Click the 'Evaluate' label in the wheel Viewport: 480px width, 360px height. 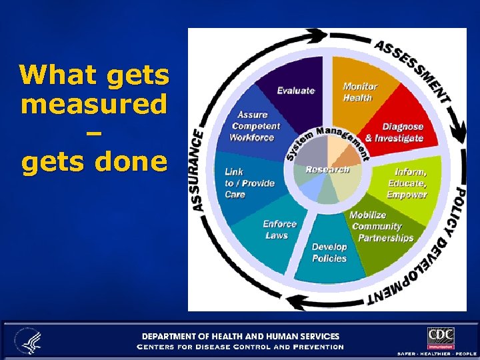(x=295, y=91)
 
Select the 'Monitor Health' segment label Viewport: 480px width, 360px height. (x=360, y=92)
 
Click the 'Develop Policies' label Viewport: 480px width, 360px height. (x=329, y=252)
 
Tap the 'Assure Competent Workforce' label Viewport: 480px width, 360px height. (x=254, y=126)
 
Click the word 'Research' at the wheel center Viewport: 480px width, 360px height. (x=327, y=169)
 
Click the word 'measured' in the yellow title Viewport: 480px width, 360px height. (x=94, y=105)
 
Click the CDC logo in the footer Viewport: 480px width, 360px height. (x=441, y=337)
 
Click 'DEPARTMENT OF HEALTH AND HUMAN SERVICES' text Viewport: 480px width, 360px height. (x=239, y=337)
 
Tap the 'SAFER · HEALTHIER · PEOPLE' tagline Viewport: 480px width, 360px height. (x=436, y=353)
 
